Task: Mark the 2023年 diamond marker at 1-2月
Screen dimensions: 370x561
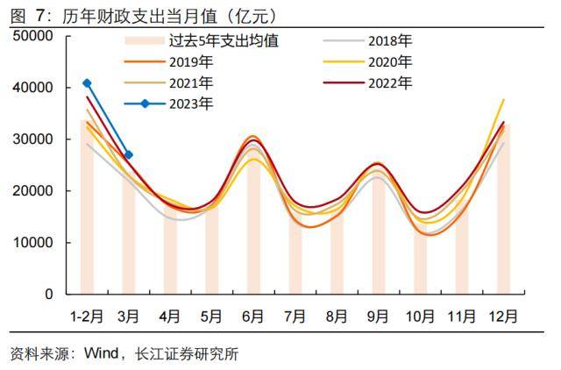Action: click(x=87, y=83)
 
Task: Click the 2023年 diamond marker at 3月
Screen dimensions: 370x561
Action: click(x=129, y=155)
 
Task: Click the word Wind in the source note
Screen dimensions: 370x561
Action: click(x=102, y=354)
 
